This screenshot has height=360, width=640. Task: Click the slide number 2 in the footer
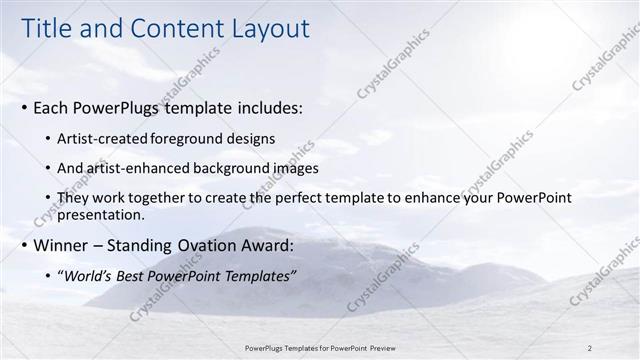point(590,347)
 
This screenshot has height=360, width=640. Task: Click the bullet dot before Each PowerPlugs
point(25,106)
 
